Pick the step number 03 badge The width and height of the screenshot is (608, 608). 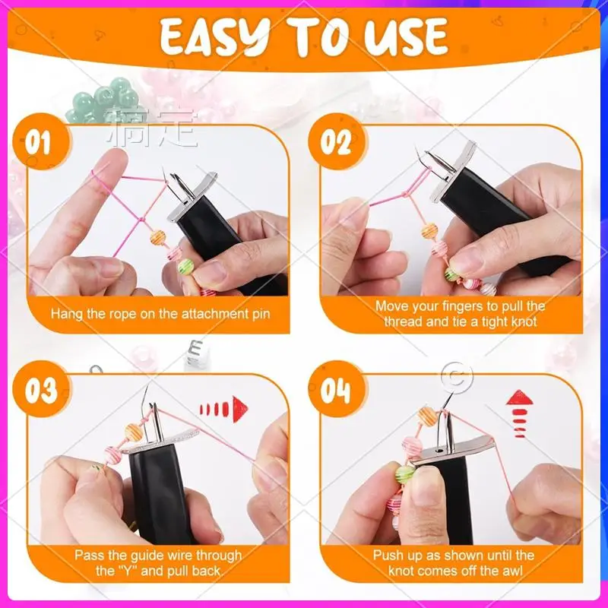[x=42, y=389]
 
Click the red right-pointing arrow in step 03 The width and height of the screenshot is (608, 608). [x=223, y=409]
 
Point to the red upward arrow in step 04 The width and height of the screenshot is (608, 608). [x=519, y=413]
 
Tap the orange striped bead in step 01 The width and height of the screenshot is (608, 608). [x=157, y=236]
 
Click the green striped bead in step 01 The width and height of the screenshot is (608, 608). [x=185, y=267]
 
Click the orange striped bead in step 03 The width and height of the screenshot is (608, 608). [x=134, y=432]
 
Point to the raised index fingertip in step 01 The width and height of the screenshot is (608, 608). [x=116, y=158]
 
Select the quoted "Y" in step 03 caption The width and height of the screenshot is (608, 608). [x=126, y=571]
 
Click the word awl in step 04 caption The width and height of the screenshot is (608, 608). [x=514, y=571]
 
